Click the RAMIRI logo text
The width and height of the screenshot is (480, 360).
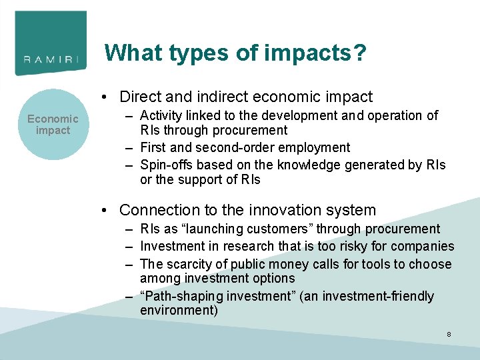pyautogui.click(x=51, y=59)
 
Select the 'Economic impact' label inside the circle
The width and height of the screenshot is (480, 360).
pyautogui.click(x=53, y=124)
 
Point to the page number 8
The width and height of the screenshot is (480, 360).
pyautogui.click(x=449, y=333)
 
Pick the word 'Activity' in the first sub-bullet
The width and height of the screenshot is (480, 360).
pyautogui.click(x=162, y=115)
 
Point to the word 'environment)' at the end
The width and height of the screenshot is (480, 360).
pyautogui.click(x=179, y=310)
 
